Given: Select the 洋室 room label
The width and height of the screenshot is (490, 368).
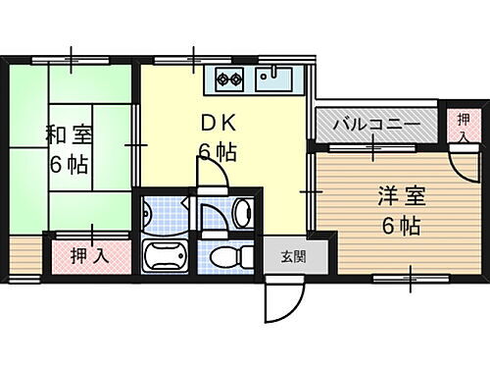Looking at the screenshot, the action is coord(399,195).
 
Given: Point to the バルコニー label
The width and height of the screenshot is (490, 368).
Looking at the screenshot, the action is coord(375,126).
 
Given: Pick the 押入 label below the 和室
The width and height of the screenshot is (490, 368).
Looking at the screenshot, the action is coord(90,257).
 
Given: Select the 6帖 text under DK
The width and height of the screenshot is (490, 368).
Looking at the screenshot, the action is coord(217,152).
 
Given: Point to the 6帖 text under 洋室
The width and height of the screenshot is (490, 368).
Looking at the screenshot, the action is coord(400,227).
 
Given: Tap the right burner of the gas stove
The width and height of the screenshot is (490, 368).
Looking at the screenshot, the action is coord(236,79).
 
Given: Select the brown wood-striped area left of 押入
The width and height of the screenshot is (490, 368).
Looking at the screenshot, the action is coord(24,257).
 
